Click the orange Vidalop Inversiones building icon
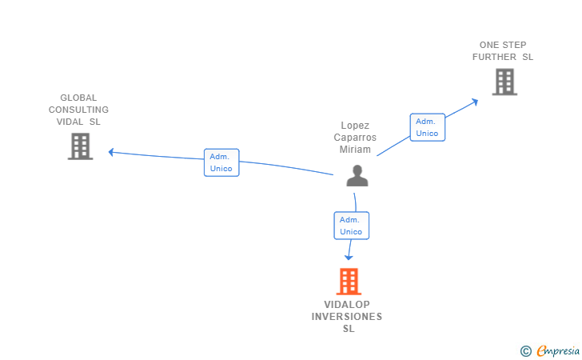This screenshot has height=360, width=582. click(x=348, y=282)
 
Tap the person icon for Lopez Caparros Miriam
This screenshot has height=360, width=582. click(x=357, y=176)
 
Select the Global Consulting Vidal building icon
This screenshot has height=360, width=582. click(x=80, y=146)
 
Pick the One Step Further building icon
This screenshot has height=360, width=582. click(x=504, y=82)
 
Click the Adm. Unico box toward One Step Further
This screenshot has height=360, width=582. click(x=427, y=127)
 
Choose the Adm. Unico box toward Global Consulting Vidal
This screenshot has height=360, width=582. click(x=221, y=162)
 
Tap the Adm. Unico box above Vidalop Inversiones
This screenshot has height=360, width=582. click(x=351, y=226)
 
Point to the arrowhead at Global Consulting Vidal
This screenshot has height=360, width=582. click(x=112, y=151)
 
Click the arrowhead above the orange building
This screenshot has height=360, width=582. click(x=349, y=256)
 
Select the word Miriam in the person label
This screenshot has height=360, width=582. click(x=355, y=150)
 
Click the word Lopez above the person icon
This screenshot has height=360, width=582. click(x=355, y=126)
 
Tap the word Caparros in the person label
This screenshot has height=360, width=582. click(x=355, y=138)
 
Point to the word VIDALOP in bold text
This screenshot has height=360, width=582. click(x=347, y=305)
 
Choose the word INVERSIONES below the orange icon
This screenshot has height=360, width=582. click(x=347, y=317)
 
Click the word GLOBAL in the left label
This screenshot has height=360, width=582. click(x=78, y=98)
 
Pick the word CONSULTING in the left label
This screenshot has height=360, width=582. click(x=78, y=110)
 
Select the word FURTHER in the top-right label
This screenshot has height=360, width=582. click(x=494, y=57)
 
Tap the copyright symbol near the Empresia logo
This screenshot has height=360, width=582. click(x=525, y=350)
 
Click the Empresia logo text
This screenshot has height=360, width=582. click(x=558, y=350)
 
